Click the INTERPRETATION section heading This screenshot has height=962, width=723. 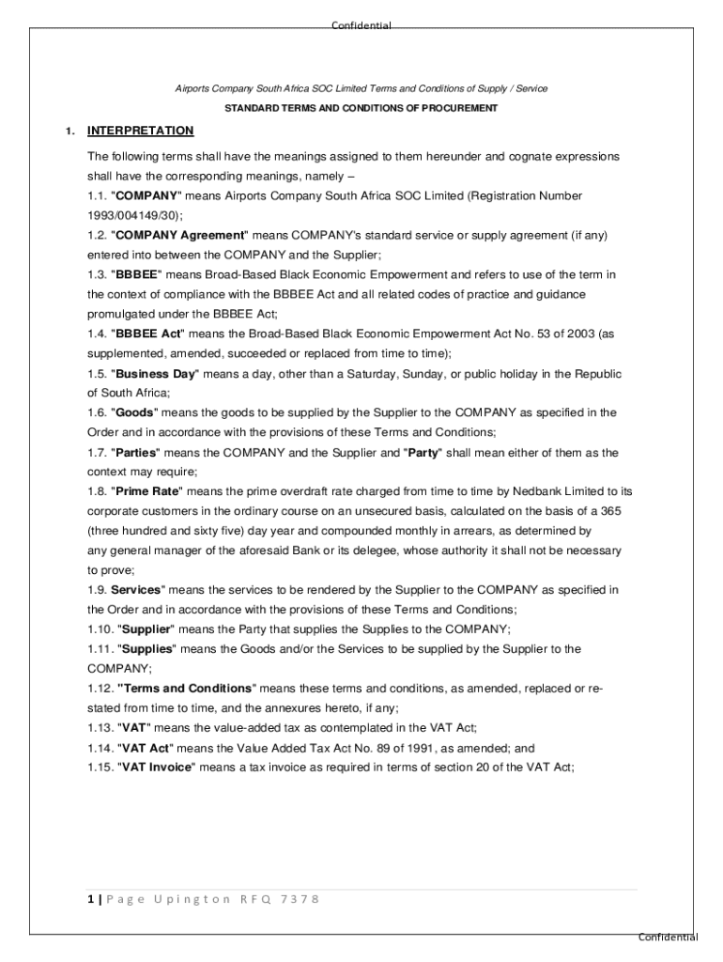(x=140, y=131)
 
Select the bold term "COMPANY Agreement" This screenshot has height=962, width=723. (x=178, y=235)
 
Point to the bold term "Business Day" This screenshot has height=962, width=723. (x=156, y=373)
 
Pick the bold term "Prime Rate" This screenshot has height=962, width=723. (x=147, y=491)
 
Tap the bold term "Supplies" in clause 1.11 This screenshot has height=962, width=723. (x=147, y=649)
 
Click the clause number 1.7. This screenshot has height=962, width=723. (x=97, y=453)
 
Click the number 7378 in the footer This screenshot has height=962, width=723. (x=300, y=899)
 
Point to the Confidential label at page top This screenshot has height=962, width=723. (x=361, y=25)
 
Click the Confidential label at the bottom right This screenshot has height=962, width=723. (x=668, y=937)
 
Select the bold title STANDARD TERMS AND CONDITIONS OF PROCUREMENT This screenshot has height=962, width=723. (x=361, y=108)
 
